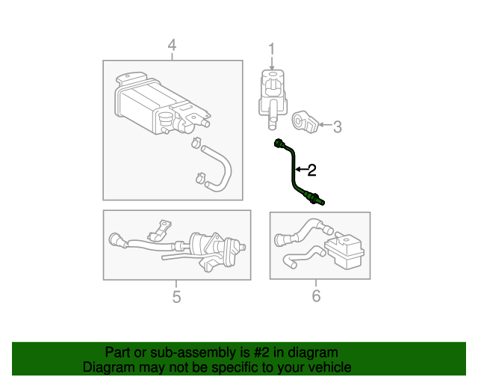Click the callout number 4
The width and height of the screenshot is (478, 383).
pyautogui.click(x=172, y=47)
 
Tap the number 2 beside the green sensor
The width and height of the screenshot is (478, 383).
pyautogui.click(x=312, y=171)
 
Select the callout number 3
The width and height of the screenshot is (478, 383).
pyautogui.click(x=337, y=127)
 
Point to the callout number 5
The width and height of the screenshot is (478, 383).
pyautogui.click(x=176, y=297)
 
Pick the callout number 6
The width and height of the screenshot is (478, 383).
pyautogui.click(x=316, y=297)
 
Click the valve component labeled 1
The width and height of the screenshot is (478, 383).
pyautogui.click(x=272, y=94)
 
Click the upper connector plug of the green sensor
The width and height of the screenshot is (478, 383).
pyautogui.click(x=280, y=143)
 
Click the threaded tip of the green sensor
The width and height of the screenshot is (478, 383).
pyautogui.click(x=321, y=199)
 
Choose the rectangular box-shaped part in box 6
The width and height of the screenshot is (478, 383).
pyautogui.click(x=345, y=251)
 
